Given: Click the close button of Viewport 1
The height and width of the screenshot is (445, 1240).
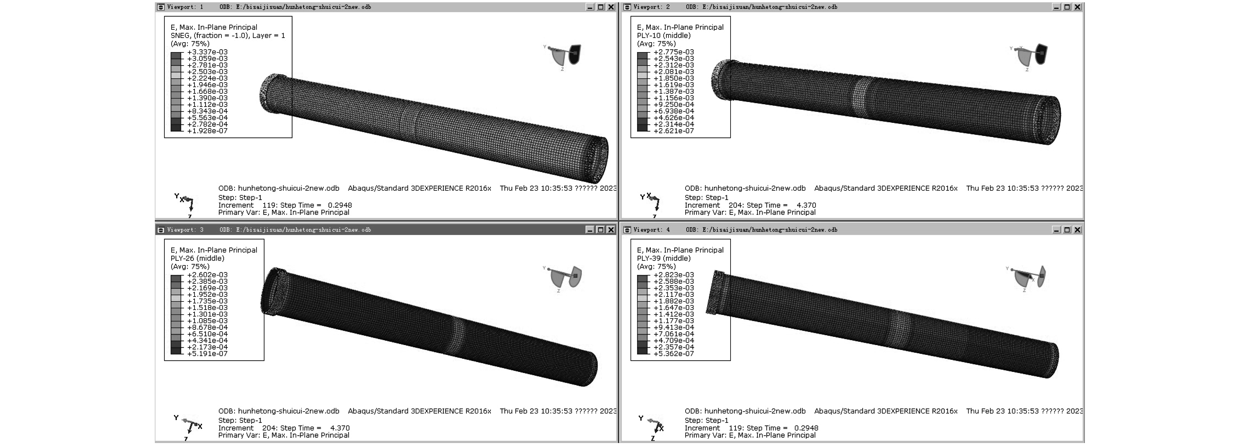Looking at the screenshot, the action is point(611,7).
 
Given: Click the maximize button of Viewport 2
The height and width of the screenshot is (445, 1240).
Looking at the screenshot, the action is point(1067,7).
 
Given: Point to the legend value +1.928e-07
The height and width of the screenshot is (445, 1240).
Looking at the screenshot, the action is point(207,131).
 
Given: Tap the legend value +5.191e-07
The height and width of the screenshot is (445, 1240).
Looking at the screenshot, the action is point(207,354).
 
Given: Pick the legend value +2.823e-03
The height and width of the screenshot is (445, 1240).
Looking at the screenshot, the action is point(674,275).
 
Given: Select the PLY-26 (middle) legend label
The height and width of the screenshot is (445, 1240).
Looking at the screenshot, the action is point(197,258).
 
